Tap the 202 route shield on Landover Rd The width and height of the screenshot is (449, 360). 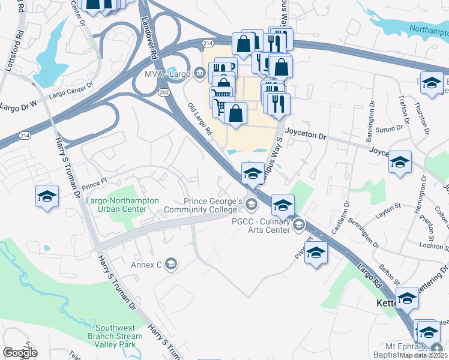point(164,93)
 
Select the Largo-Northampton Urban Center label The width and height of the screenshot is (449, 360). point(122,205)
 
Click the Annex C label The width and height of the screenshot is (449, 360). point(147,264)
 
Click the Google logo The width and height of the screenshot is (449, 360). point(20,353)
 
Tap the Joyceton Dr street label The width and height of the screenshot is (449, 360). point(306,137)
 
